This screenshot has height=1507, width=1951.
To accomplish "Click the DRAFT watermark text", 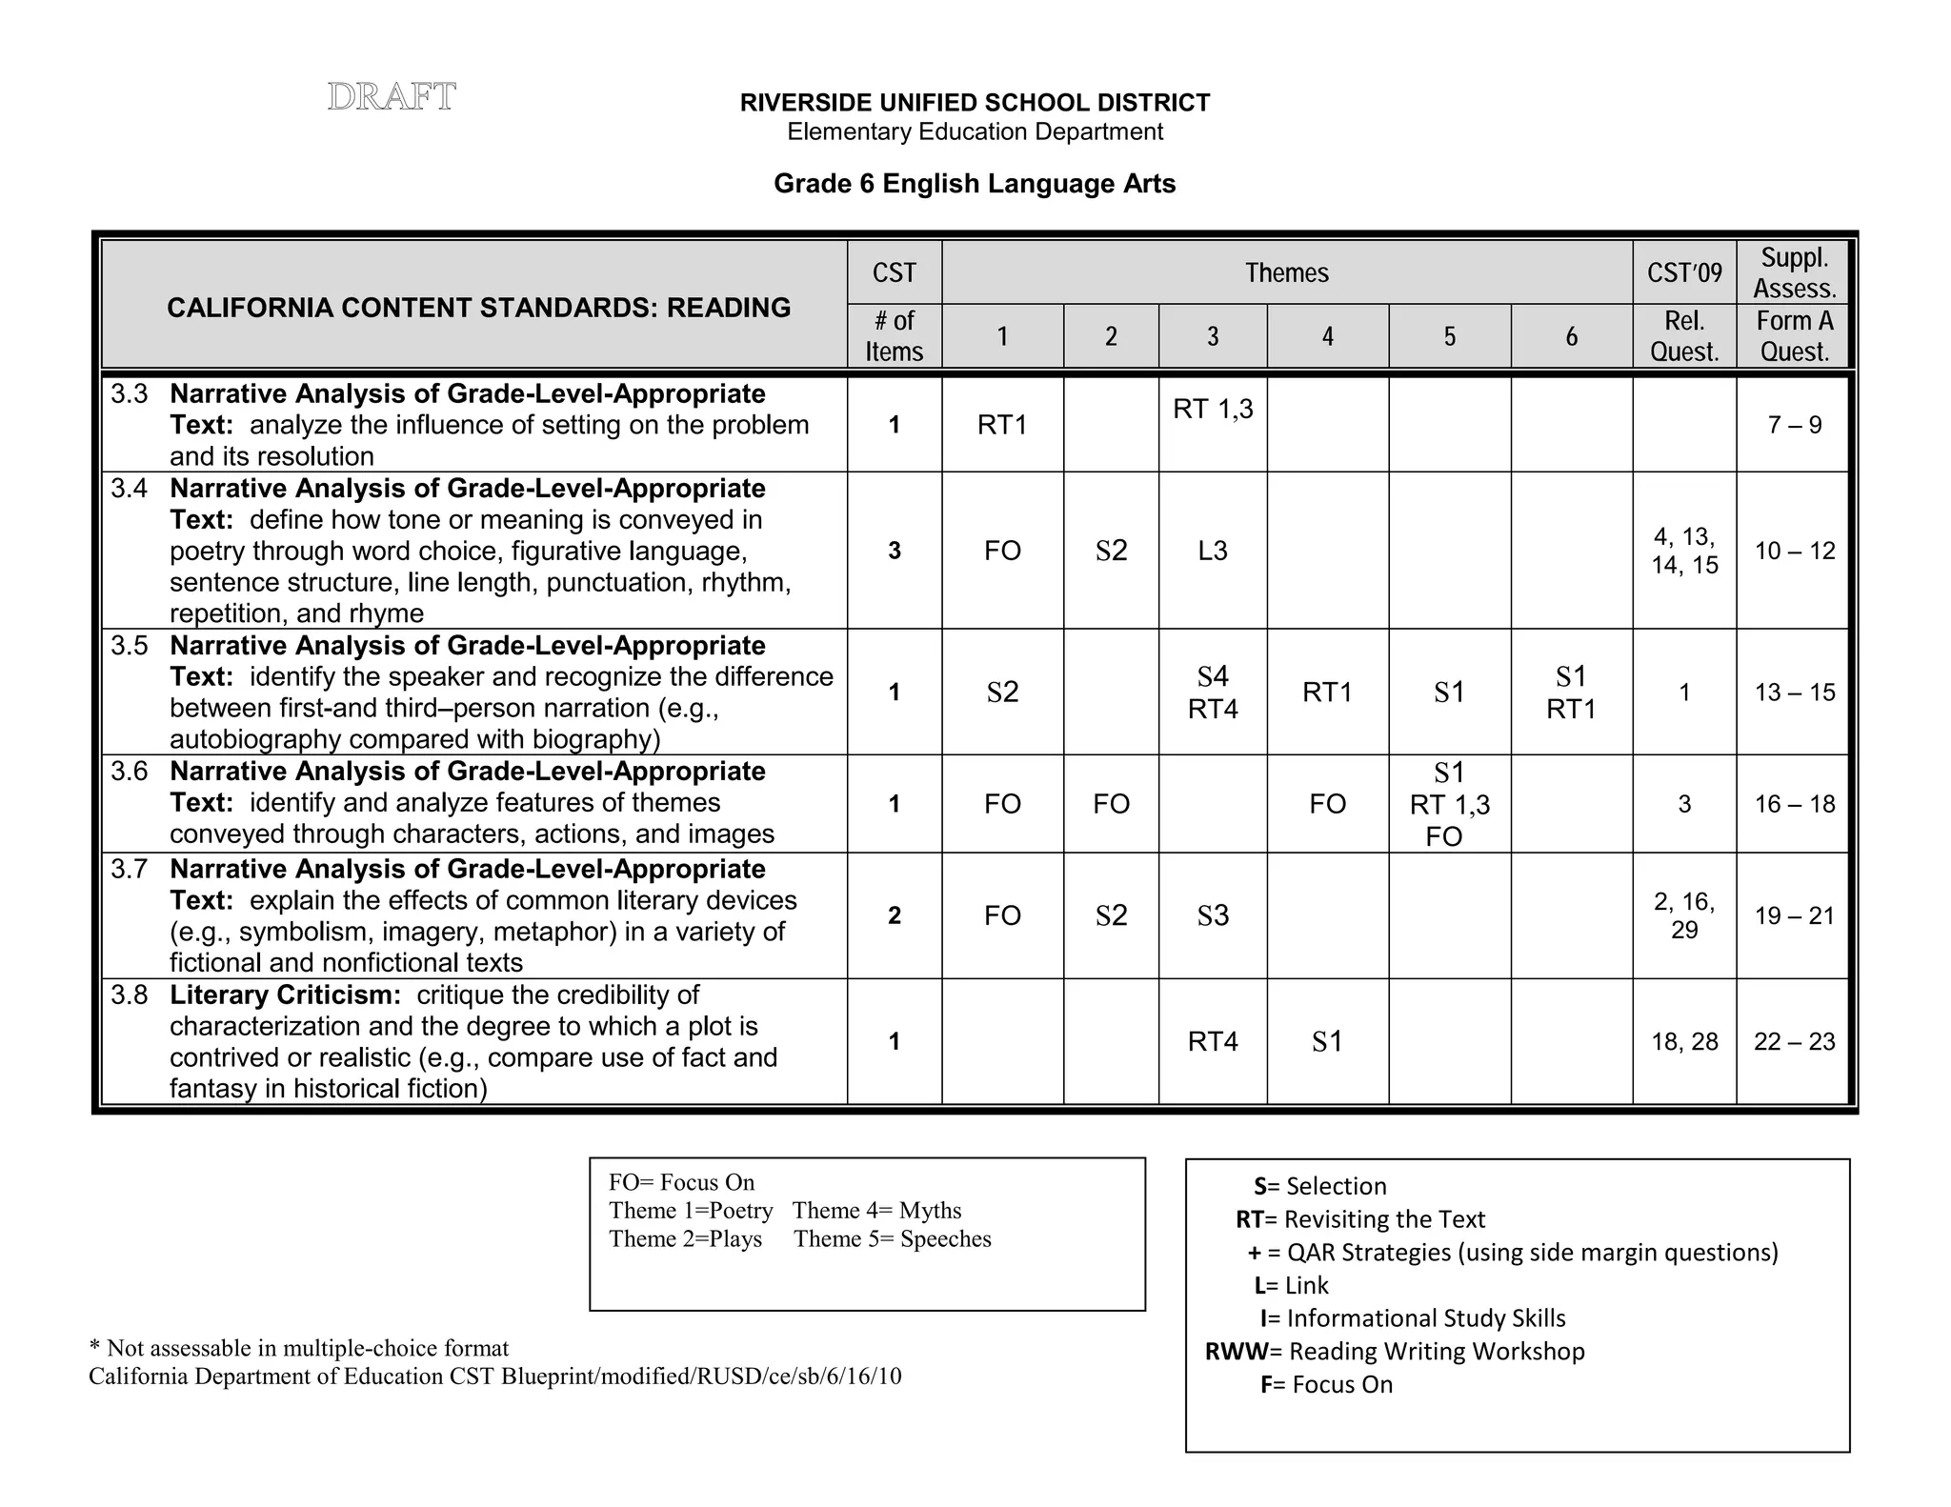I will (392, 97).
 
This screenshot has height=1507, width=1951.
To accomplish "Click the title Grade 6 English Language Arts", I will (974, 184).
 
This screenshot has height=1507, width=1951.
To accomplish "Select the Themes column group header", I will (1286, 273).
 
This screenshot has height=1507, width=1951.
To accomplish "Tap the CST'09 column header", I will (1683, 273).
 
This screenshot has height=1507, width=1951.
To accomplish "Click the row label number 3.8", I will (130, 995).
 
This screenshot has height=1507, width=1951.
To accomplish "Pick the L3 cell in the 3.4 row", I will (1212, 551).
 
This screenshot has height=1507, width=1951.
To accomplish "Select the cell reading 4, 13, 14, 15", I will (1683, 551).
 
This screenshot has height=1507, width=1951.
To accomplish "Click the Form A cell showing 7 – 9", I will (1794, 425).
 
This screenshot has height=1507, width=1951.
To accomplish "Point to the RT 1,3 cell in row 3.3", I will (1212, 409).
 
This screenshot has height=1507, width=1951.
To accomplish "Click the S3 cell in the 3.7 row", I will (1212, 915).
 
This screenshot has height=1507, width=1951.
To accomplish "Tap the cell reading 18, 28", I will (1683, 1041).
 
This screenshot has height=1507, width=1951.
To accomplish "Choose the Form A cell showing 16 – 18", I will (1794, 804).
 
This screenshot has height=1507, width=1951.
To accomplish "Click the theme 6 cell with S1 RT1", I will (1570, 693).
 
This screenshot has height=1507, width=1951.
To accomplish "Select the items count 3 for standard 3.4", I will (894, 551).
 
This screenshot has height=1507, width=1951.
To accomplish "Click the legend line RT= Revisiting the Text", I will (1359, 1219).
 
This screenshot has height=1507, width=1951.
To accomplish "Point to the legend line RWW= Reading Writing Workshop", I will (1394, 1351).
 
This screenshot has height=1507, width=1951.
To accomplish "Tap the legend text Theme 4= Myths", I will (876, 1210).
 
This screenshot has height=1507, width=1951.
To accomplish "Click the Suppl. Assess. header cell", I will (1794, 273).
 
